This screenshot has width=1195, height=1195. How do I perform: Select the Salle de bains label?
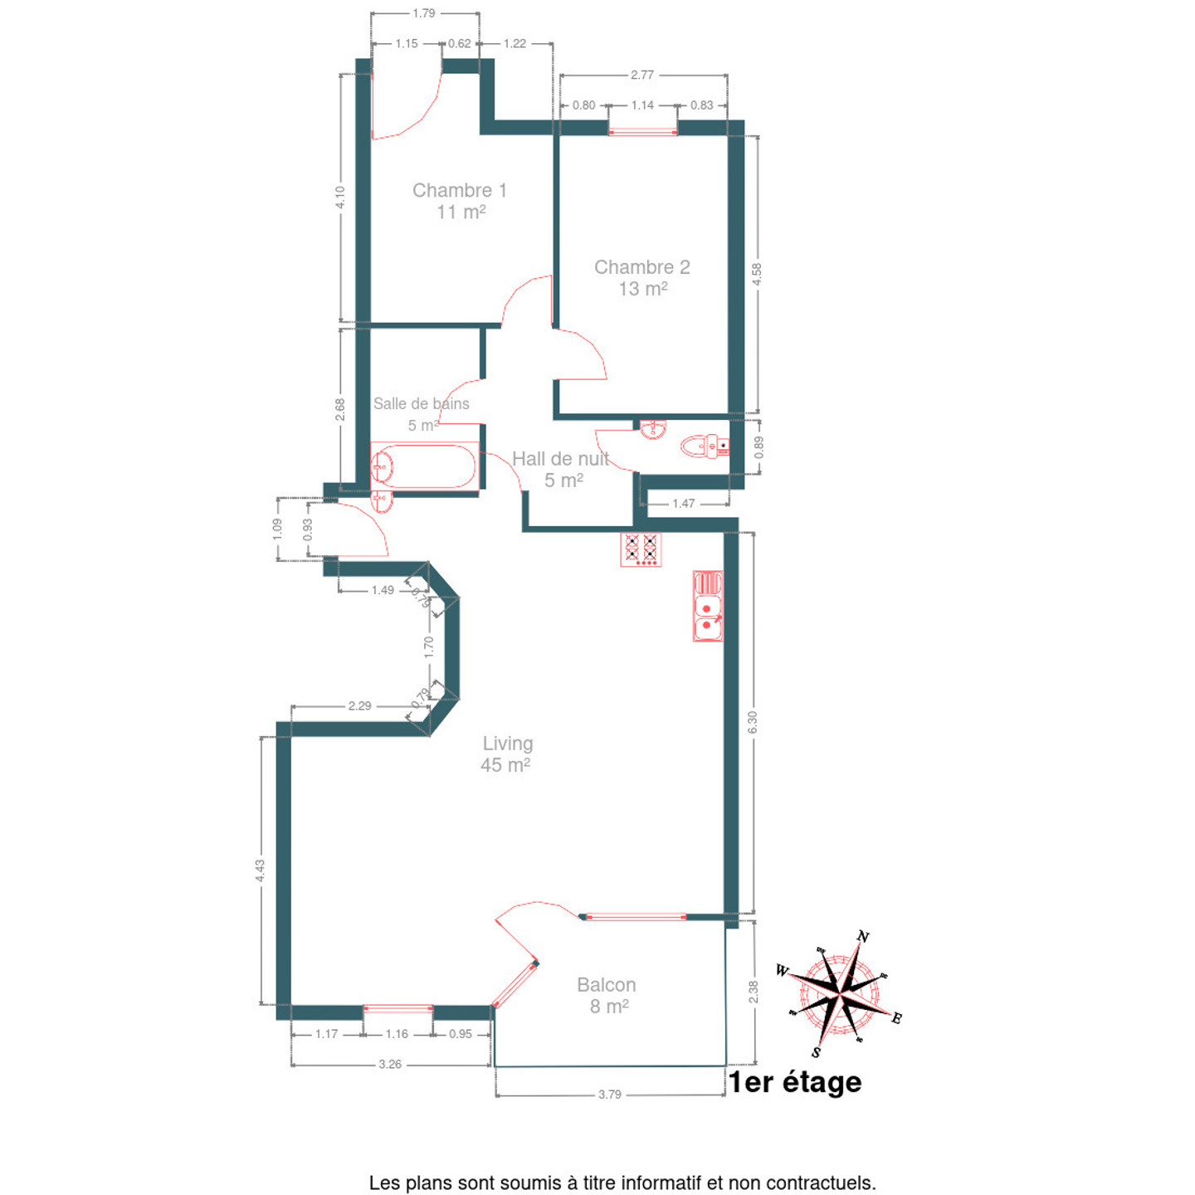(421, 403)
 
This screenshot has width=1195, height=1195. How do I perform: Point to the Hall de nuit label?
(561, 459)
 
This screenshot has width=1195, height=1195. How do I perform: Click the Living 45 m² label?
(507, 754)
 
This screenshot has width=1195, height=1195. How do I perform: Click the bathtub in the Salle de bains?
(425, 466)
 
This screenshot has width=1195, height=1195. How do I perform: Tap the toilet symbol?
(705, 446)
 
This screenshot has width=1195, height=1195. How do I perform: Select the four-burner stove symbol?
(641, 549)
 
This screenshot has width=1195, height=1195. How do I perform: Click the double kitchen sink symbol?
(708, 606)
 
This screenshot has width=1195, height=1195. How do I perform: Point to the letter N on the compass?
(862, 936)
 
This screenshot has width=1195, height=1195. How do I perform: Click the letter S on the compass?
(816, 1052)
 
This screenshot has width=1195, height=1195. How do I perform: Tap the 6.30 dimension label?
(752, 722)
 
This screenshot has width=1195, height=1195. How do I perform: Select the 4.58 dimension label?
(757, 275)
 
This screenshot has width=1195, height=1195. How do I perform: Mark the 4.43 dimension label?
(260, 871)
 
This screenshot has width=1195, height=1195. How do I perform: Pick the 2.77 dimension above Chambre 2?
(641, 75)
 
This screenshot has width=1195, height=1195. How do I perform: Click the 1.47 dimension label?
(683, 504)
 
